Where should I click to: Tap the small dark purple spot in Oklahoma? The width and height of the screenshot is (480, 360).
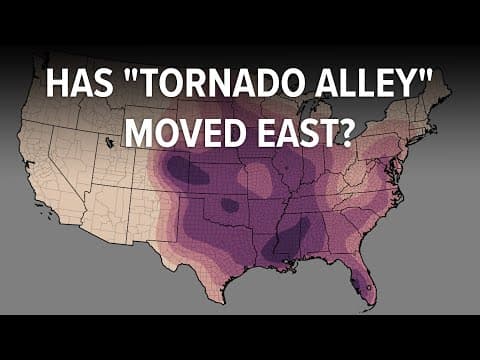coord(230,205)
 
